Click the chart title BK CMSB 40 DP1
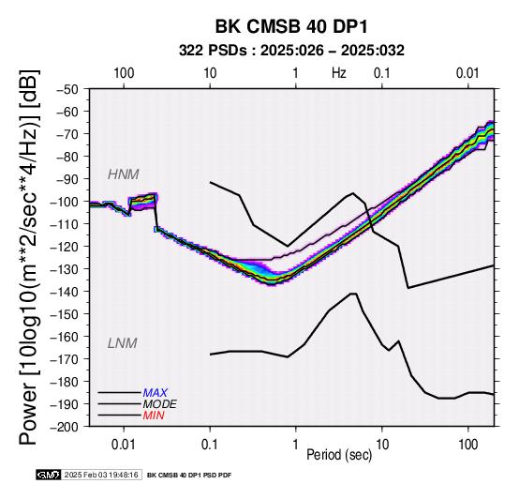point(291,26)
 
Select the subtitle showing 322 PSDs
point(291,51)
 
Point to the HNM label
point(123,174)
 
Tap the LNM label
point(122,343)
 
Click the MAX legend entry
point(155,393)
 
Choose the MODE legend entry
point(159,404)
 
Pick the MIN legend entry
point(154,416)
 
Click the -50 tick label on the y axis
point(67,89)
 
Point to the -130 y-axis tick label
point(65,269)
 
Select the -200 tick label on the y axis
point(65,427)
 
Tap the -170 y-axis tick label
point(65,359)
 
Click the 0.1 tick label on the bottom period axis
point(210,445)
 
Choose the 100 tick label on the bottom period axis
point(468,445)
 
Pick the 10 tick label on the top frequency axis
point(210,73)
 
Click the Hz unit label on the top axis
point(339,73)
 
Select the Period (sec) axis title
point(339,455)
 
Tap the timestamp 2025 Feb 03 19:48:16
point(101,476)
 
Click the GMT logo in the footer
point(49,476)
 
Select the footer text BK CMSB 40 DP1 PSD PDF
point(189,476)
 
